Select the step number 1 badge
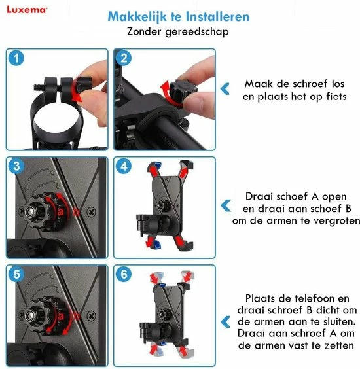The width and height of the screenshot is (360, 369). pyautogui.click(x=17, y=58)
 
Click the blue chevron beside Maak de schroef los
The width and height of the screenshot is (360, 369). pyautogui.click(x=225, y=90)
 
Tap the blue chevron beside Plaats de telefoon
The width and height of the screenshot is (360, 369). pyautogui.click(x=225, y=321)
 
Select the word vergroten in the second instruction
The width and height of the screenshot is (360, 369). pyautogui.click(x=336, y=221)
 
